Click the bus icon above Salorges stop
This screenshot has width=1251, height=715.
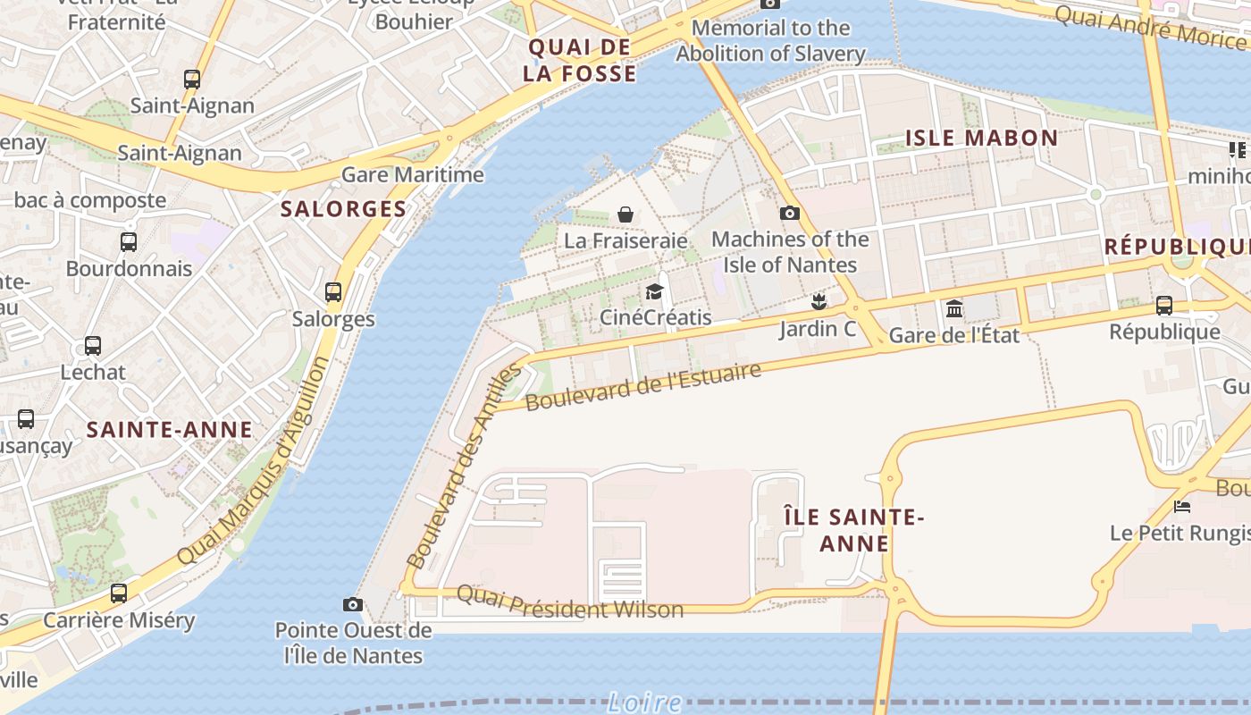point(333,291)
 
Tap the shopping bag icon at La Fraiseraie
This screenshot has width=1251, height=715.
point(625,214)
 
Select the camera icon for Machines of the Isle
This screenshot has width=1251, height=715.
point(789,213)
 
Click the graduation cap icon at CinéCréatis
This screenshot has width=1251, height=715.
point(655,291)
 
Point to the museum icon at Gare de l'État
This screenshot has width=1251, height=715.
point(954,309)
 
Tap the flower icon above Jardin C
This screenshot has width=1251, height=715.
point(818,302)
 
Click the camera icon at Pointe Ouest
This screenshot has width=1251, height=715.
point(353,604)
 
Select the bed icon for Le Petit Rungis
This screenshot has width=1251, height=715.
point(1182,507)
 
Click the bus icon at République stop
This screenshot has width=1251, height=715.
point(1164,306)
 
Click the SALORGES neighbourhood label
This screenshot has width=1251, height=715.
point(343,209)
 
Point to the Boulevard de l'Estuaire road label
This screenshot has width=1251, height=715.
point(642,387)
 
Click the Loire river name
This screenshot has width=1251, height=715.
point(643,702)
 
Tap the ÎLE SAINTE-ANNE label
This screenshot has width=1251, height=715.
point(853,530)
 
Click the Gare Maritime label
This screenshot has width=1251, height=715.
point(413,174)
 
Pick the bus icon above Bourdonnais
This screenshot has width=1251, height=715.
point(129,241)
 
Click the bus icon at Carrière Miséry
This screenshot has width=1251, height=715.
point(119,593)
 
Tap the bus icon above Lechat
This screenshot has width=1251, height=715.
point(93,346)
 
